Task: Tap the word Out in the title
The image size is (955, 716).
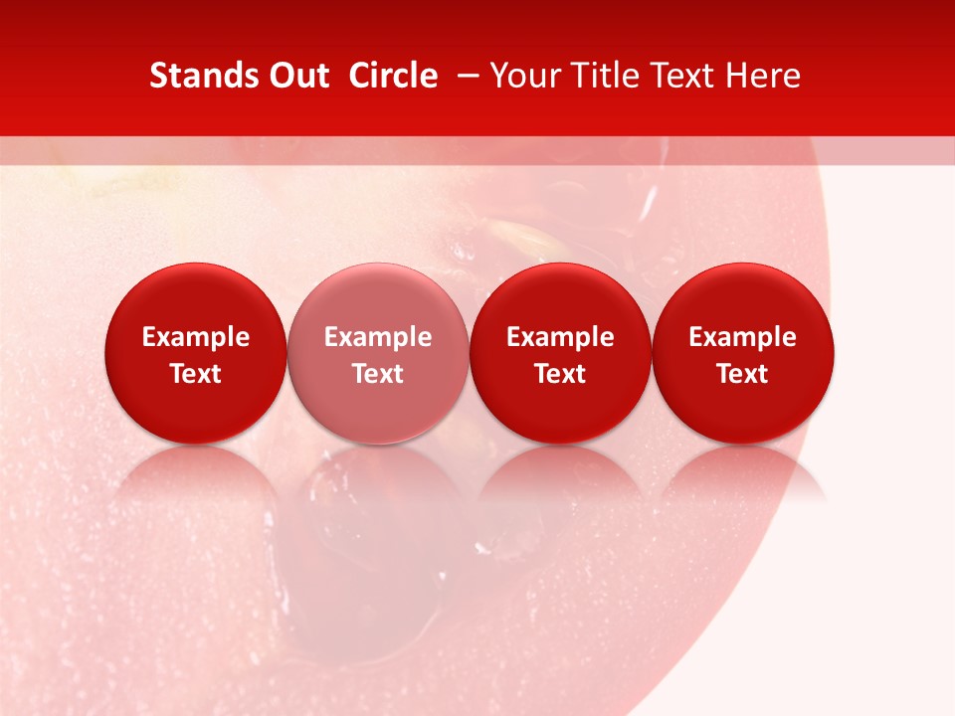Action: (298, 76)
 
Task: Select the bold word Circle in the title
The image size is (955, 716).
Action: (393, 76)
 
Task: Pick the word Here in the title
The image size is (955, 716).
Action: (763, 76)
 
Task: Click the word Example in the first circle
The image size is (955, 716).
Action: (196, 337)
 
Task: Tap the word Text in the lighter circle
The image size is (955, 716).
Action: (378, 374)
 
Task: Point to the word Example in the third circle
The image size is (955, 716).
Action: (560, 337)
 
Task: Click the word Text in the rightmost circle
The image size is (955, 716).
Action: (743, 374)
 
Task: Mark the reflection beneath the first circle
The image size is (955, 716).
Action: (196, 477)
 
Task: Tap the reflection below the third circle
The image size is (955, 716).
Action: (560, 477)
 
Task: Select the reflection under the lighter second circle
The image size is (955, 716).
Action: (378, 477)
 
